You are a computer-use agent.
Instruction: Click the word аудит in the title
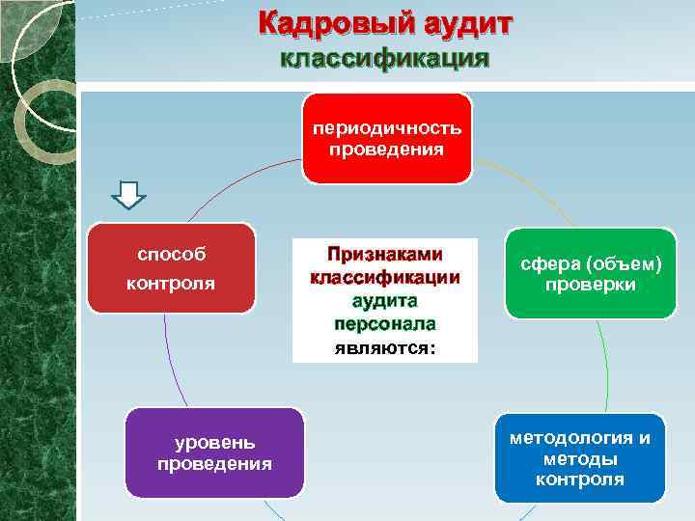[457, 23]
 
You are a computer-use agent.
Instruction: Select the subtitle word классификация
[384, 59]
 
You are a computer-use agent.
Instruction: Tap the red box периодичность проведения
[386, 139]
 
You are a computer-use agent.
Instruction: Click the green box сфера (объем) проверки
[590, 273]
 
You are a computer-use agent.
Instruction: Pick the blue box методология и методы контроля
[580, 458]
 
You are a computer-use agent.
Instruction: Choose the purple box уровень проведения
[214, 452]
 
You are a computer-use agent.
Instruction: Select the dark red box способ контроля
[171, 269]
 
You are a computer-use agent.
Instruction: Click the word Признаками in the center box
[385, 254]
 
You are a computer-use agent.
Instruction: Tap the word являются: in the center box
[385, 347]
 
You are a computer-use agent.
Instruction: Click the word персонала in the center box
[385, 324]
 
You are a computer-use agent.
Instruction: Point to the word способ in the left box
[171, 255]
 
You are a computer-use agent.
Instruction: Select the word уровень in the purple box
[214, 443]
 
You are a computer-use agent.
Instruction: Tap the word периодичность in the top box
[386, 128]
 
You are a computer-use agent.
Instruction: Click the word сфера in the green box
[545, 263]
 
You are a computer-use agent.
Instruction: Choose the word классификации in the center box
[385, 278]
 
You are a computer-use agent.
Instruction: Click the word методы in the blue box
[580, 459]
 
